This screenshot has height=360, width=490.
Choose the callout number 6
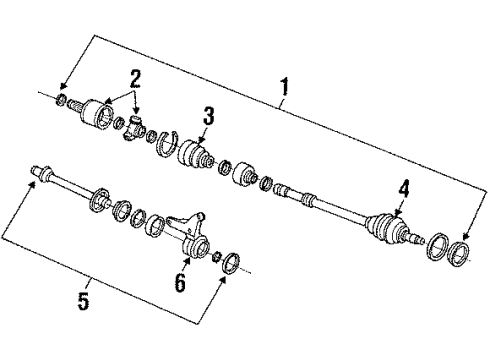click(x=181, y=283)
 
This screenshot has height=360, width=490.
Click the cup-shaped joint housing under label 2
click(x=100, y=112)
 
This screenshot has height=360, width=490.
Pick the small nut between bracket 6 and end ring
click(x=215, y=258)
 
